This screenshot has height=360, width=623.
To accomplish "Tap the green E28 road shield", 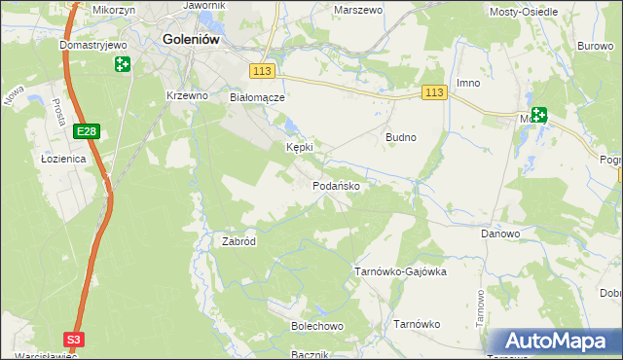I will click(87, 130).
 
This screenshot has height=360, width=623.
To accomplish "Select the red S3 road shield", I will click(74, 339).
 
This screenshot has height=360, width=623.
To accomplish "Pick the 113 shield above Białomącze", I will click(261, 71).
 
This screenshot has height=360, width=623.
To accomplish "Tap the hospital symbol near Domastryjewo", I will click(123, 64).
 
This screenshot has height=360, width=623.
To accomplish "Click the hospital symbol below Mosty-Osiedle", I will click(538, 115).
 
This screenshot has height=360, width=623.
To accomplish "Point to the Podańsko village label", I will click(338, 186).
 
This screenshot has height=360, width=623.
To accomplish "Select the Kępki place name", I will click(299, 147).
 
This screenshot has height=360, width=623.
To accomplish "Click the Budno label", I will click(401, 137).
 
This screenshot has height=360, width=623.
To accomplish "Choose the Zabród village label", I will click(238, 241).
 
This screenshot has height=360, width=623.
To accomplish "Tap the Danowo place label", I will click(500, 234).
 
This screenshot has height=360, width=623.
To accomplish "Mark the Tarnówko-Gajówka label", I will click(399, 271).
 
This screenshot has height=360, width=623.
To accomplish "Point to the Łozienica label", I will click(64, 158).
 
